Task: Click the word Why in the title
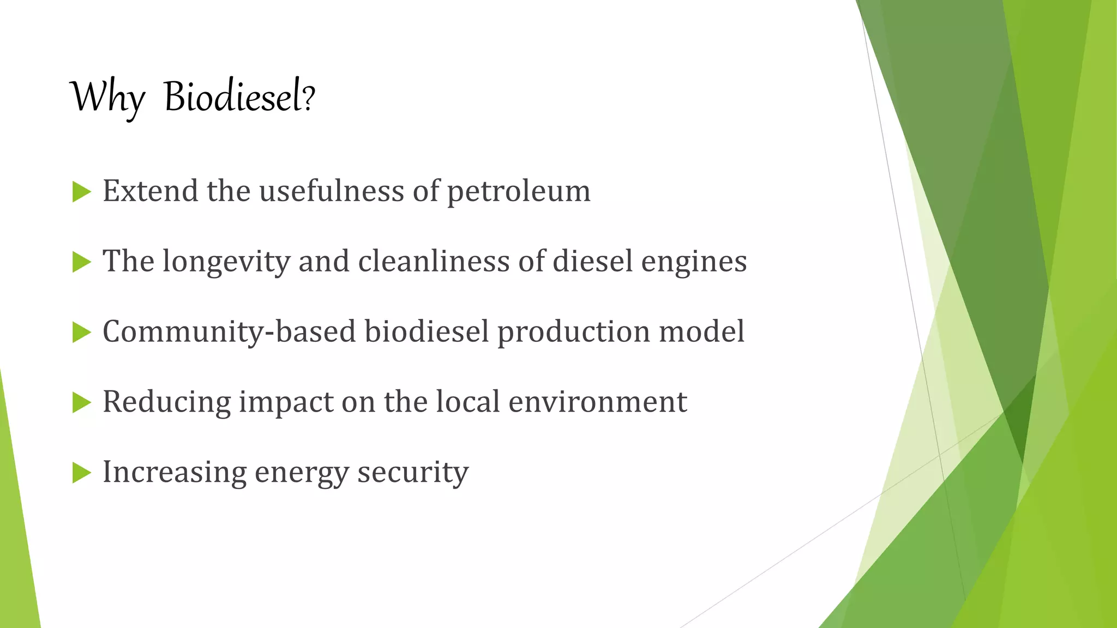[107, 97]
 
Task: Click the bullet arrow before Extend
[81, 192]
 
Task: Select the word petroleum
[519, 192]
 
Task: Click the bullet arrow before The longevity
[81, 262]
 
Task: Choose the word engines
[694, 262]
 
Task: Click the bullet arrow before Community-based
[81, 333]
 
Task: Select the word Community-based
[229, 331]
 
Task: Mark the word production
[574, 331]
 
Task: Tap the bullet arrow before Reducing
[81, 403]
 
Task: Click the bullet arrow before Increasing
[81, 473]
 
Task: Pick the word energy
[302, 473]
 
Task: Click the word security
[413, 472]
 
